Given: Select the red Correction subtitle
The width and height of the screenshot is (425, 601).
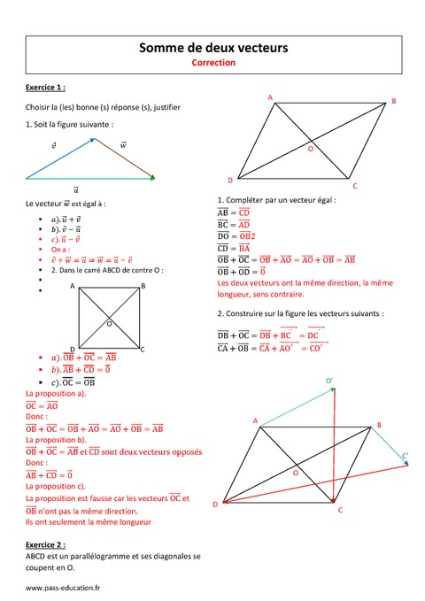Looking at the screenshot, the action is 212,64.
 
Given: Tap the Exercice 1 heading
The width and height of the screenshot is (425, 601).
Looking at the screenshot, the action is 46,88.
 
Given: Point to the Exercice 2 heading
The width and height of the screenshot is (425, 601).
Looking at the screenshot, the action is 46,545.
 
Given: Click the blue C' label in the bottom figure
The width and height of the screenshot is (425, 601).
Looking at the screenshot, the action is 405,456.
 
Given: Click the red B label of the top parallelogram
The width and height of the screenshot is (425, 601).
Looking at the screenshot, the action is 394,102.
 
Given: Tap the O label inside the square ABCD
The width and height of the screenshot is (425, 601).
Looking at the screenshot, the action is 109,324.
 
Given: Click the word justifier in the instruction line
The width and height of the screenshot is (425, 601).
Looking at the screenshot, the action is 165,107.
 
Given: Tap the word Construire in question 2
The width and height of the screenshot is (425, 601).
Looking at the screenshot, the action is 246,313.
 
